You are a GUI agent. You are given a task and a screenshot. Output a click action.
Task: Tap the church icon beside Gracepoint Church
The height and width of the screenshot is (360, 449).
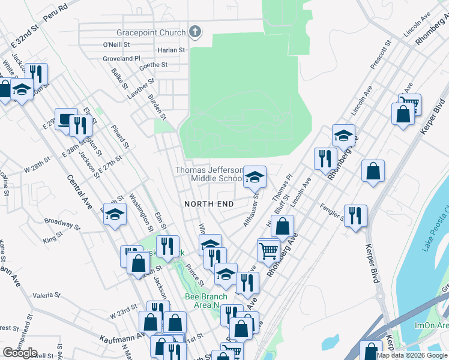(x=195, y=32)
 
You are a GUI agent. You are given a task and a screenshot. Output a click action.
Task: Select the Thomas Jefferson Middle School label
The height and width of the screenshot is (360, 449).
(x=209, y=174)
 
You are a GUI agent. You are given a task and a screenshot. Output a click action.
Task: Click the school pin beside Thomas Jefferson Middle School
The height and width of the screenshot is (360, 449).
(x=255, y=177)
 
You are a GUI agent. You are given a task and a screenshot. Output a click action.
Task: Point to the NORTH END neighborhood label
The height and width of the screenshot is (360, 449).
(x=209, y=204)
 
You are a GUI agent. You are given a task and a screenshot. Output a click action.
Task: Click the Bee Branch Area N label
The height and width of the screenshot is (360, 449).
(x=206, y=301)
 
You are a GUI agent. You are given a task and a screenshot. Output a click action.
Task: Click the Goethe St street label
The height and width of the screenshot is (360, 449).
(x=154, y=65)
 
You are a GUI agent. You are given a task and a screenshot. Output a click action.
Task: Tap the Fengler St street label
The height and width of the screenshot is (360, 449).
(x=334, y=214)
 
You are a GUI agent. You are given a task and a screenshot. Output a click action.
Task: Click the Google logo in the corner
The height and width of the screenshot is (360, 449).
(x=20, y=353)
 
